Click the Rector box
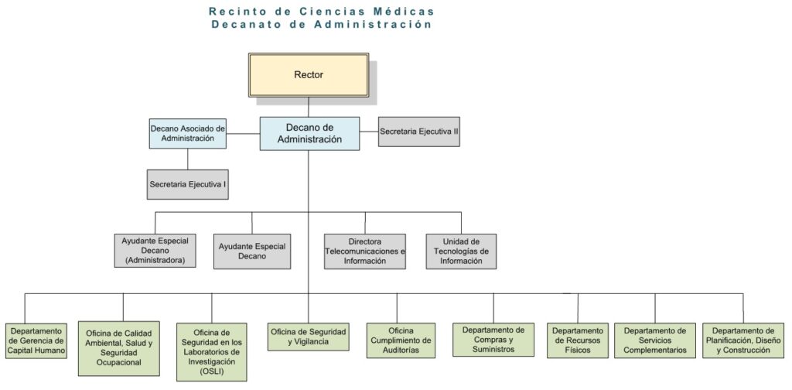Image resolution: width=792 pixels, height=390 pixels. point(308,75)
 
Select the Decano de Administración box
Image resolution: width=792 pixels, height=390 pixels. point(309,134)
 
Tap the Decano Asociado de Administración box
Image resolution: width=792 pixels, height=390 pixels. point(187,133)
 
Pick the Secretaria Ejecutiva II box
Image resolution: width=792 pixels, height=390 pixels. point(418,132)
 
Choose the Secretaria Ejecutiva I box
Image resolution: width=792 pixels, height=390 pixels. point(187,184)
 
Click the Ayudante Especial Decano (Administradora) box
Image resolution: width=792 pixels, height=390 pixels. point(155,250)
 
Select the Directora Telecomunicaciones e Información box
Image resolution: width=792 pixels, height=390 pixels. point(365,251)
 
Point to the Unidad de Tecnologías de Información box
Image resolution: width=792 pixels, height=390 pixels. point(461,251)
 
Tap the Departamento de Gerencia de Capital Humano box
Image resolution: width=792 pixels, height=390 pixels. point(37,341)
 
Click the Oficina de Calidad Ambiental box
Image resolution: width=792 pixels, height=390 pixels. point(118,348)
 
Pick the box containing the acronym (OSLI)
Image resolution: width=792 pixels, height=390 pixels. point(212,352)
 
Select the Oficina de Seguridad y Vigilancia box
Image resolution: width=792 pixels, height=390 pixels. point(308,337)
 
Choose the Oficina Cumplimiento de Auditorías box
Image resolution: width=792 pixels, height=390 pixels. point(401,340)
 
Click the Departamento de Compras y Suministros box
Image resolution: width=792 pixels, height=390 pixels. point(493,340)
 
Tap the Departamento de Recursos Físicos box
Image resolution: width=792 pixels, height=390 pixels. point(578,340)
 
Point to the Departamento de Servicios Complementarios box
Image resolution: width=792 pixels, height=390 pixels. point(655,340)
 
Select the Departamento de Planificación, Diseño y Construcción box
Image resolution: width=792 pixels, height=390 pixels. point(742,340)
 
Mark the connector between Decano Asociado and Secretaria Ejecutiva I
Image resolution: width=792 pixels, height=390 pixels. point(187,159)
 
